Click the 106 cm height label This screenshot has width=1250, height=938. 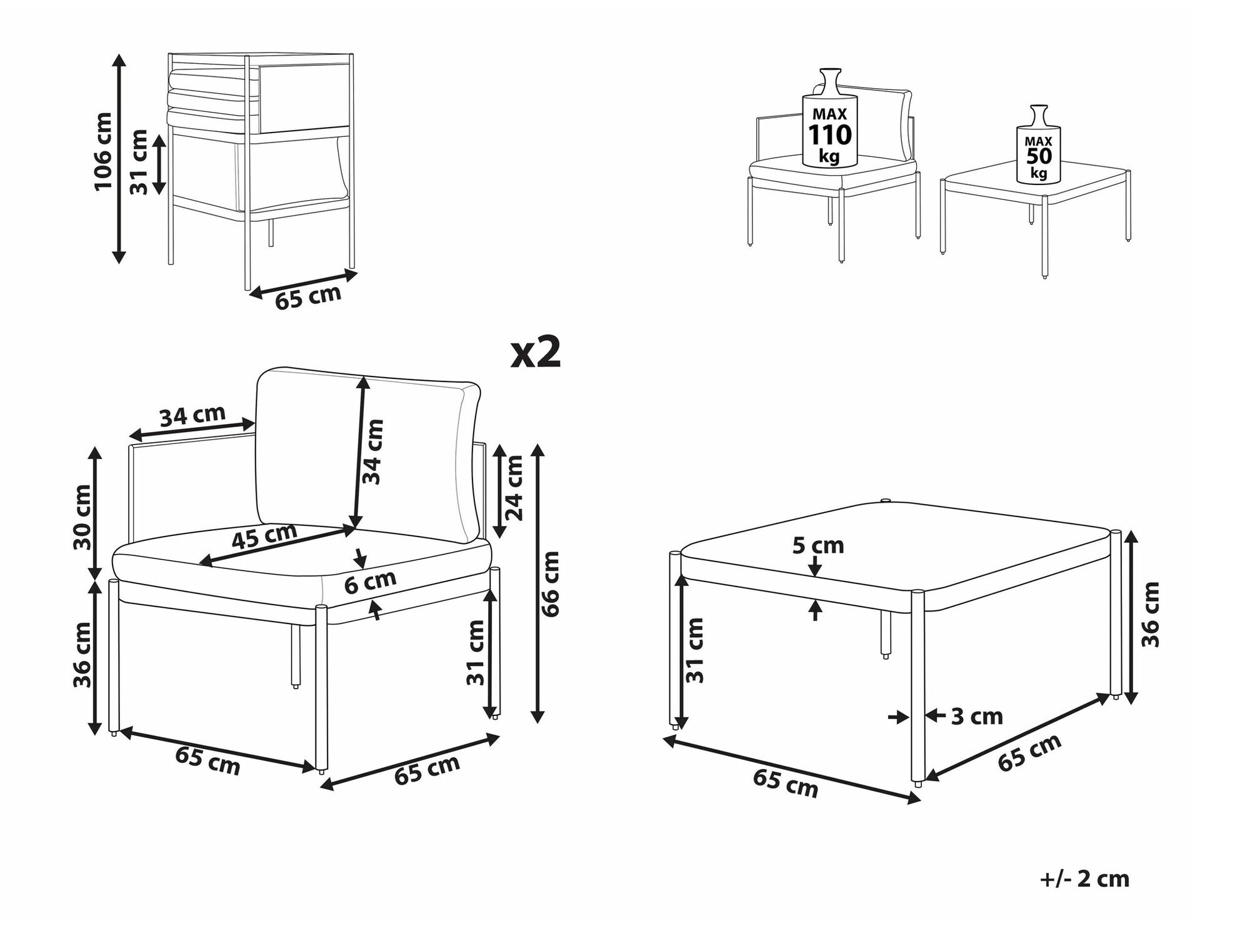pos(102,151)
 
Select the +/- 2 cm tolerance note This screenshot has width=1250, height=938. pos(1084,879)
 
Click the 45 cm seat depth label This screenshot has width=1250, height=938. pos(264,537)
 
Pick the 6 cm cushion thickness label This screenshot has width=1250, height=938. pos(370,582)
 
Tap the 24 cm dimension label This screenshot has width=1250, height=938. pos(514,488)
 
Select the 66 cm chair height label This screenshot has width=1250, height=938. pos(550,584)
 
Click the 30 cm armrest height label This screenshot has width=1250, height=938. pos(82,517)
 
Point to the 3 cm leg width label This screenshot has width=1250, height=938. pos(977,717)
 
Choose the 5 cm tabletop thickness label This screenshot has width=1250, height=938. pos(818,546)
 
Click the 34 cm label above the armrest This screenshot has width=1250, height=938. pos(192,416)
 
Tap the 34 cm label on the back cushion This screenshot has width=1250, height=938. pos(372,451)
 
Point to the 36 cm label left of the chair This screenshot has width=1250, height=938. pos(82,655)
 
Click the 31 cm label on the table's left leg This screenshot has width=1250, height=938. pos(694,650)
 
